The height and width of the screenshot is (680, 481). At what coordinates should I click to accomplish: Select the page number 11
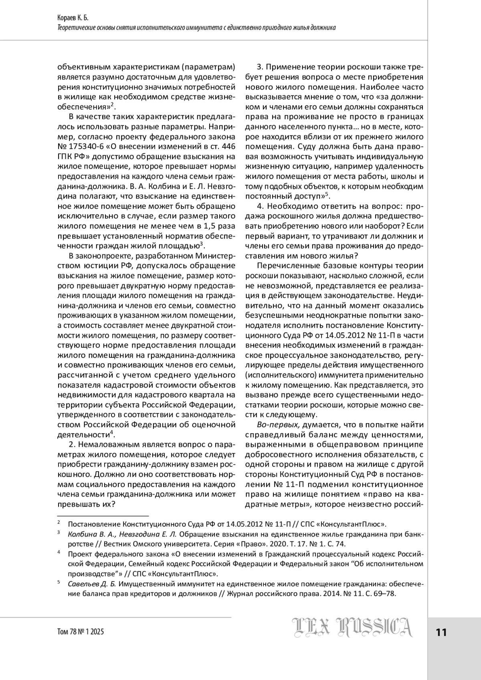pyautogui.click(x=441, y=632)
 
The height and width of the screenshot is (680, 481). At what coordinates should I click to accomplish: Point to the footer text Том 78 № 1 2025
pyautogui.click(x=81, y=632)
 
